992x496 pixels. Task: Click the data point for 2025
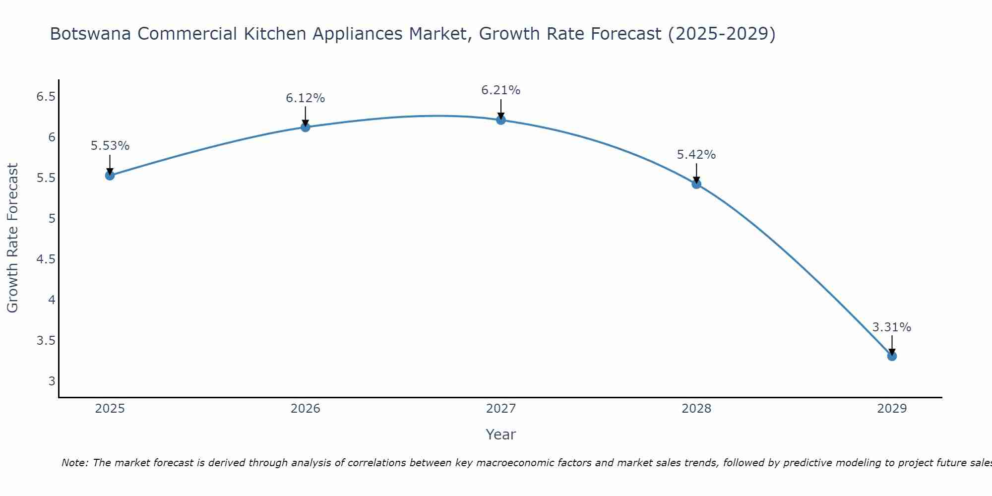click(110, 175)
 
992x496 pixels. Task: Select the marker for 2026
click(306, 127)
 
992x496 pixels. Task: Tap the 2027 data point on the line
click(501, 120)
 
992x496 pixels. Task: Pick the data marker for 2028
click(696, 184)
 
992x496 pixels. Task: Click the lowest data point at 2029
click(892, 356)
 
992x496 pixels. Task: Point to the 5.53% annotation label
click(110, 146)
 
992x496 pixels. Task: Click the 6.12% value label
click(306, 98)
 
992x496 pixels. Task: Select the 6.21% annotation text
click(501, 90)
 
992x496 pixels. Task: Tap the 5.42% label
click(696, 155)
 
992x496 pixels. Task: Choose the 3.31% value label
click(892, 327)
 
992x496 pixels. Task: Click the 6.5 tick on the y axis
click(46, 97)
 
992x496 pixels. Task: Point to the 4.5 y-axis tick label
click(46, 259)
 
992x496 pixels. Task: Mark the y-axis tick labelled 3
click(52, 381)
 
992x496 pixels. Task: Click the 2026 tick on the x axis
click(306, 409)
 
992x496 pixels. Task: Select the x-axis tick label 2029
click(892, 409)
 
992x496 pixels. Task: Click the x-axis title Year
click(501, 434)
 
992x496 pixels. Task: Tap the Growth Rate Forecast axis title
click(12, 238)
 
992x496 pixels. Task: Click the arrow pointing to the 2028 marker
click(696, 174)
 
